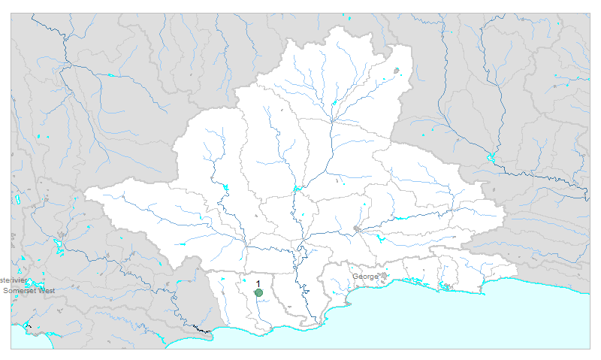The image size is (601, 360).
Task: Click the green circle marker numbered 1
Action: pos(258,293)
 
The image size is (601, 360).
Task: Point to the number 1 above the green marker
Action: pos(258,283)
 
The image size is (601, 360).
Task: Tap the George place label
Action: pos(366,277)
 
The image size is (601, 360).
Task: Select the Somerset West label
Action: pos(29,290)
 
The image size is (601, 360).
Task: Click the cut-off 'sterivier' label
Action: pos(14,280)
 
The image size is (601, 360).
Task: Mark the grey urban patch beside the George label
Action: pos(383,276)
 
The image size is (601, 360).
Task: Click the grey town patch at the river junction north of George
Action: pos(357,228)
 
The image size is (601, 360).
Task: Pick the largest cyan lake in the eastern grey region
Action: pos(491,157)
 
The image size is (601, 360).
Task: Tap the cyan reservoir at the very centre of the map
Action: pos(298,188)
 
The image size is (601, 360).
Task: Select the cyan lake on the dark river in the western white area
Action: pos(224,187)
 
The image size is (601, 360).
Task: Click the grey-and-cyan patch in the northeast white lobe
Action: pos(397,71)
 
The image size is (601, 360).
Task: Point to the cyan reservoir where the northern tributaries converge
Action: pos(334,103)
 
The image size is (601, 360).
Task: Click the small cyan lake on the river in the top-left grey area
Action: pos(110,75)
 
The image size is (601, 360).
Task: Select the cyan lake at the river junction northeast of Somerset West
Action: pos(57,245)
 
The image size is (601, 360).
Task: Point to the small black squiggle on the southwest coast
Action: pos(199,328)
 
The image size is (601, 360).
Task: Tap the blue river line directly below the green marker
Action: pos(259,312)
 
